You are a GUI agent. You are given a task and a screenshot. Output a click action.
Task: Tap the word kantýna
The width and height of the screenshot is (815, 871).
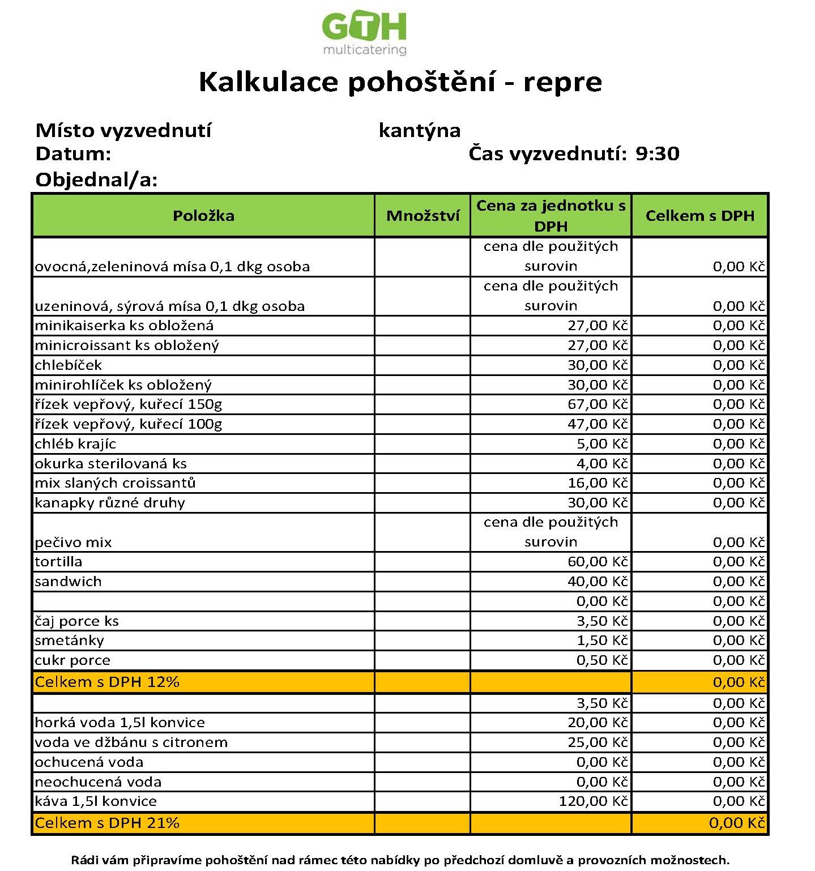(419, 131)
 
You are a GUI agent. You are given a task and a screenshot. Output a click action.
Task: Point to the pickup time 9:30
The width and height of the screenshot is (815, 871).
(657, 153)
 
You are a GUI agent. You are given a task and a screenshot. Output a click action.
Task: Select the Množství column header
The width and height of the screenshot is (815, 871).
(423, 216)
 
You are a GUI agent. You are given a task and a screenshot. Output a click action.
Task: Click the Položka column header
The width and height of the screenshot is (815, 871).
(203, 216)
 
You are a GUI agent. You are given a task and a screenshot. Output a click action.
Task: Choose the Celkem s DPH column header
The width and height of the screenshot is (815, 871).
(699, 216)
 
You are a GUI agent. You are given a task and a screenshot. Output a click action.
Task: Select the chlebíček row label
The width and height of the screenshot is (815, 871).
(68, 365)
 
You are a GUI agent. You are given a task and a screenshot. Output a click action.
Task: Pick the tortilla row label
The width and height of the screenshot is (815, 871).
(58, 562)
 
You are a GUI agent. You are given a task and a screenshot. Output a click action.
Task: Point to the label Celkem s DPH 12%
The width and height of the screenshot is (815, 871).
(107, 682)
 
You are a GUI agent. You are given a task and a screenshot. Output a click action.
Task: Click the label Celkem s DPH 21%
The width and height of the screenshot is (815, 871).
(107, 823)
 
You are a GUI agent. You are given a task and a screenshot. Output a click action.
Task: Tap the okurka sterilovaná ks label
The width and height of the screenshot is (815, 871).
(110, 464)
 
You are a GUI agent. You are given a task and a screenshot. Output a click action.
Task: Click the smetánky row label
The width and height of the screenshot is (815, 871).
(69, 641)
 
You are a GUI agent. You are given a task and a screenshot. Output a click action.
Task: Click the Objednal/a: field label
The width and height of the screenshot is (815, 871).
(96, 180)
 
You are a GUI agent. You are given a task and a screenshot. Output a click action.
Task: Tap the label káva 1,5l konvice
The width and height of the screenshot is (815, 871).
(96, 801)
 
